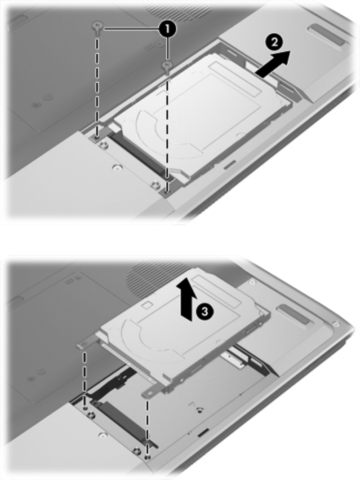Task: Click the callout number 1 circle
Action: point(167,29)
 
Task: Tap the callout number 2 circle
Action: point(274,42)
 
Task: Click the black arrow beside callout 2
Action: point(272,64)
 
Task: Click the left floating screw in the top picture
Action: point(98,27)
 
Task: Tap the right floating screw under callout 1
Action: point(168,66)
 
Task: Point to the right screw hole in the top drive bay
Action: point(166,192)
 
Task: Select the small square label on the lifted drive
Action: point(148,305)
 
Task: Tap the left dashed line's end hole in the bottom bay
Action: point(85,408)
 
